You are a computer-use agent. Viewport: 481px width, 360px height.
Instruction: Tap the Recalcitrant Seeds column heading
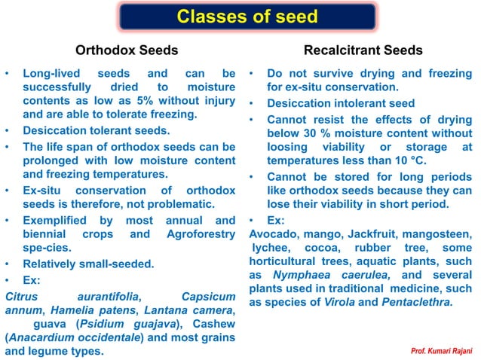click(363, 50)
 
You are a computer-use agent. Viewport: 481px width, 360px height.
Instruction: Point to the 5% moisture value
click(170, 102)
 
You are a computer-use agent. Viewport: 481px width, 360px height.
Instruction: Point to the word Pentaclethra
click(418, 302)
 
